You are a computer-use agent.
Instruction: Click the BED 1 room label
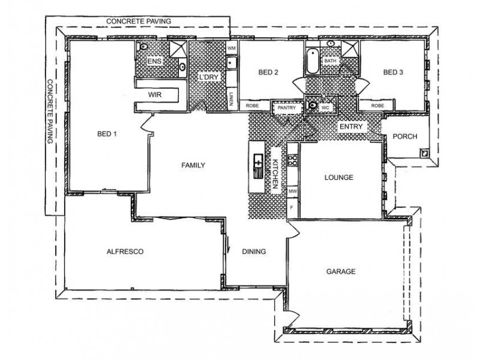(x=107, y=134)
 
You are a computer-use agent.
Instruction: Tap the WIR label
(x=155, y=95)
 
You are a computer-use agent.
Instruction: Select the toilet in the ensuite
(x=143, y=47)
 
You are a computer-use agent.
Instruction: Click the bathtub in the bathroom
(x=312, y=61)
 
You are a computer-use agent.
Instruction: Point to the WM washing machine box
(x=232, y=48)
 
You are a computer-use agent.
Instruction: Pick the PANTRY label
(x=287, y=108)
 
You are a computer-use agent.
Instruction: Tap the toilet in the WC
(x=311, y=105)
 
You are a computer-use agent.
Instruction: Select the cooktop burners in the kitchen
(x=292, y=160)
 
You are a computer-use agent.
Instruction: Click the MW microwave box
(x=293, y=191)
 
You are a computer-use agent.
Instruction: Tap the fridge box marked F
(x=292, y=208)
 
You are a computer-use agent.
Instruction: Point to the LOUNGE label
(x=338, y=178)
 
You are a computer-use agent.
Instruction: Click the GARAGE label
(x=341, y=272)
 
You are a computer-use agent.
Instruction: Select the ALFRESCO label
(x=125, y=251)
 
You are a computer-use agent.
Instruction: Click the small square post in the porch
(x=425, y=152)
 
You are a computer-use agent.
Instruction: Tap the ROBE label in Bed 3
(x=377, y=106)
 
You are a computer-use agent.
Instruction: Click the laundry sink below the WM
(x=232, y=63)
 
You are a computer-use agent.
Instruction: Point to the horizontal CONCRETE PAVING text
(x=139, y=22)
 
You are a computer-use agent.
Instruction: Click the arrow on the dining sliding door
(x=227, y=244)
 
